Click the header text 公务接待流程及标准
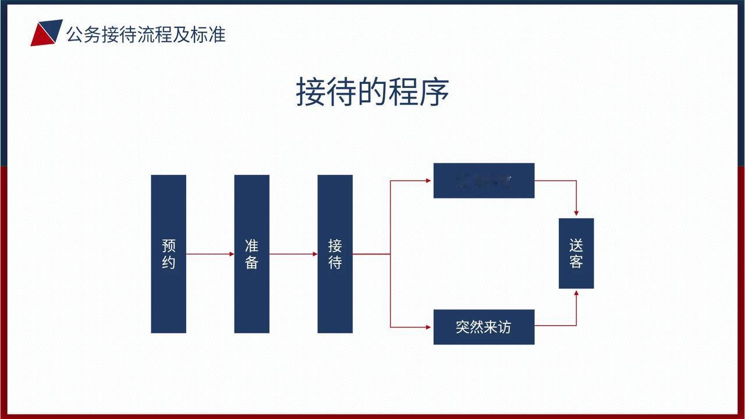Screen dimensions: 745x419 click(x=146, y=34)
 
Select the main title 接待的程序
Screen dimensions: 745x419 click(x=372, y=91)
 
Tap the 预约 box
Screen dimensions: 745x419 click(x=168, y=253)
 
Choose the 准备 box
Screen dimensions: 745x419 click(x=251, y=253)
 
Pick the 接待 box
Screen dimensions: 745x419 click(x=335, y=253)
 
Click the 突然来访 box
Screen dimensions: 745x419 click(x=484, y=327)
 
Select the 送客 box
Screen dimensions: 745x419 click(x=576, y=253)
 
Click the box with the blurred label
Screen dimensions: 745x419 click(x=484, y=181)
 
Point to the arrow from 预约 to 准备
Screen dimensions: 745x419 click(x=210, y=254)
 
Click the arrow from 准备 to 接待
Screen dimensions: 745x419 click(x=293, y=254)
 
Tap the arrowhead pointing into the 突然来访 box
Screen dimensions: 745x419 click(x=428, y=327)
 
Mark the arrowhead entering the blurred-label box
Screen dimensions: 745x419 click(x=428, y=181)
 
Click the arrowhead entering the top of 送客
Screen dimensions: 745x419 click(x=576, y=214)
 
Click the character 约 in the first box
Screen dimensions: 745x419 click(x=168, y=262)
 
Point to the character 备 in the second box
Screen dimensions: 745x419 click(x=251, y=262)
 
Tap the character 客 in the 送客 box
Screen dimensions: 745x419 click(x=576, y=262)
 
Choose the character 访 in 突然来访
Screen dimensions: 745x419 click(x=505, y=327)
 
